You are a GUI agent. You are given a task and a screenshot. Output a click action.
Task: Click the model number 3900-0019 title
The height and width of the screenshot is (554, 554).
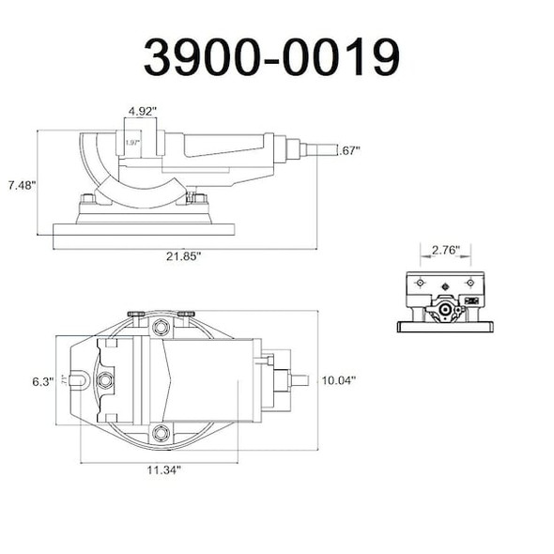coord(272,58)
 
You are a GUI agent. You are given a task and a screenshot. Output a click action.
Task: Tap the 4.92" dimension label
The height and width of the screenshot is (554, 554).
coord(142,111)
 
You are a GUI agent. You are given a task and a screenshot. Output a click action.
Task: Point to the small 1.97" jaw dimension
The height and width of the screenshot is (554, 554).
coord(132,142)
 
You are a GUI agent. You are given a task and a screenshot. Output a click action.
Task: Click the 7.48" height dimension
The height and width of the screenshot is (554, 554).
coord(19,185)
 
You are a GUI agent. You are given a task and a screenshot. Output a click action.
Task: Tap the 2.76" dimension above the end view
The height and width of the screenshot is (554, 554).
coord(439,251)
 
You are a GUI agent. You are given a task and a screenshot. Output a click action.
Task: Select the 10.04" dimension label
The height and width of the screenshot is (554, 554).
coord(338,380)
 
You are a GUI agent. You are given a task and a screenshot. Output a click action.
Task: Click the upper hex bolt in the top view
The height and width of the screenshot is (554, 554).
coord(161,328)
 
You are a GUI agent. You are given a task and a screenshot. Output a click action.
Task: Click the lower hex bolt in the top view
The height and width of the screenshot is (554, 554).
coord(161,432)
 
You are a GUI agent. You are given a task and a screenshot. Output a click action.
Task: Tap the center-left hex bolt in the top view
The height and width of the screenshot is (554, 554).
coord(105,380)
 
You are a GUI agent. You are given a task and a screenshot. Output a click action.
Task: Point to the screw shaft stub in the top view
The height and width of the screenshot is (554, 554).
coord(299,380)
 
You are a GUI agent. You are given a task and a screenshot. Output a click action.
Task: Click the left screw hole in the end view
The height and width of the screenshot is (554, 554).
coord(420,283)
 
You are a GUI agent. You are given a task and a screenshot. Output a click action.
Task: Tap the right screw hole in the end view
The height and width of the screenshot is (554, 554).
coord(469,283)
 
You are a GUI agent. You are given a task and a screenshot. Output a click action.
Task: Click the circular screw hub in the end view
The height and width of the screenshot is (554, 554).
coord(445,311)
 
